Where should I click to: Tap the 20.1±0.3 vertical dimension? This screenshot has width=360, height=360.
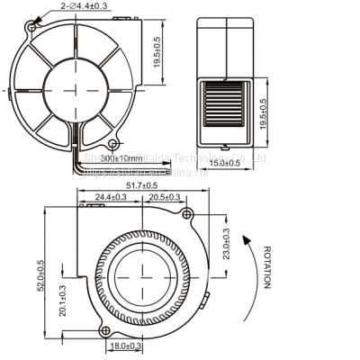(x=63, y=305)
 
